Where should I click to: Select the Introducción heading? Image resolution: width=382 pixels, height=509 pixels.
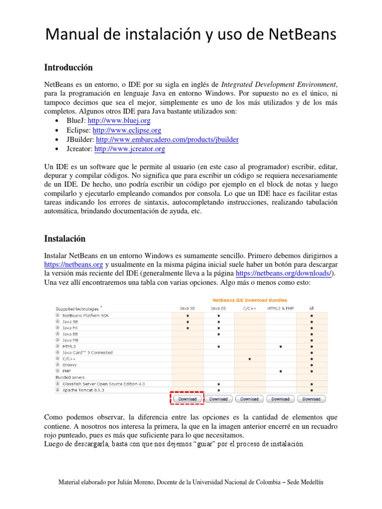pos(69,68)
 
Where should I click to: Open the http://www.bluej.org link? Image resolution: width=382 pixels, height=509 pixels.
pos(122,121)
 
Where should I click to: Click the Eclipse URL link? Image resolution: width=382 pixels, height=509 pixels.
pos(127,130)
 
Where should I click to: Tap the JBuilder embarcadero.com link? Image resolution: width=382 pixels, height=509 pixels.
pos(167,140)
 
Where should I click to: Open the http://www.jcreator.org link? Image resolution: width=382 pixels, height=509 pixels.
pos(129,149)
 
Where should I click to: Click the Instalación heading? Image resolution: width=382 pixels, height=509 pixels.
pos(65,239)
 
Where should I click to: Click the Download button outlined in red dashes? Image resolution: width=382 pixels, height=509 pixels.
pos(188,399)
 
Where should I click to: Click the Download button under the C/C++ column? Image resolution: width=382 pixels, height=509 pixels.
pos(249,399)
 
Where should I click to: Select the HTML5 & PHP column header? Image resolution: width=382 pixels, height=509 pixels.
pos(281,308)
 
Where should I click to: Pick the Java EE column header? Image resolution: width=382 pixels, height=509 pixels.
pos(218,308)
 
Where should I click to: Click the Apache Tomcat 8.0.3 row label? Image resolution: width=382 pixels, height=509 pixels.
pos(83,390)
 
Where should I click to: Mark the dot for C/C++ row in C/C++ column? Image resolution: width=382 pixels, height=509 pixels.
pos(249,358)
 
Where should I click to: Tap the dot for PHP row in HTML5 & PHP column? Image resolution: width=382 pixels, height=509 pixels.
pos(281,371)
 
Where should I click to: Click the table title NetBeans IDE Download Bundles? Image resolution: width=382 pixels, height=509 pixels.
pos(249,300)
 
